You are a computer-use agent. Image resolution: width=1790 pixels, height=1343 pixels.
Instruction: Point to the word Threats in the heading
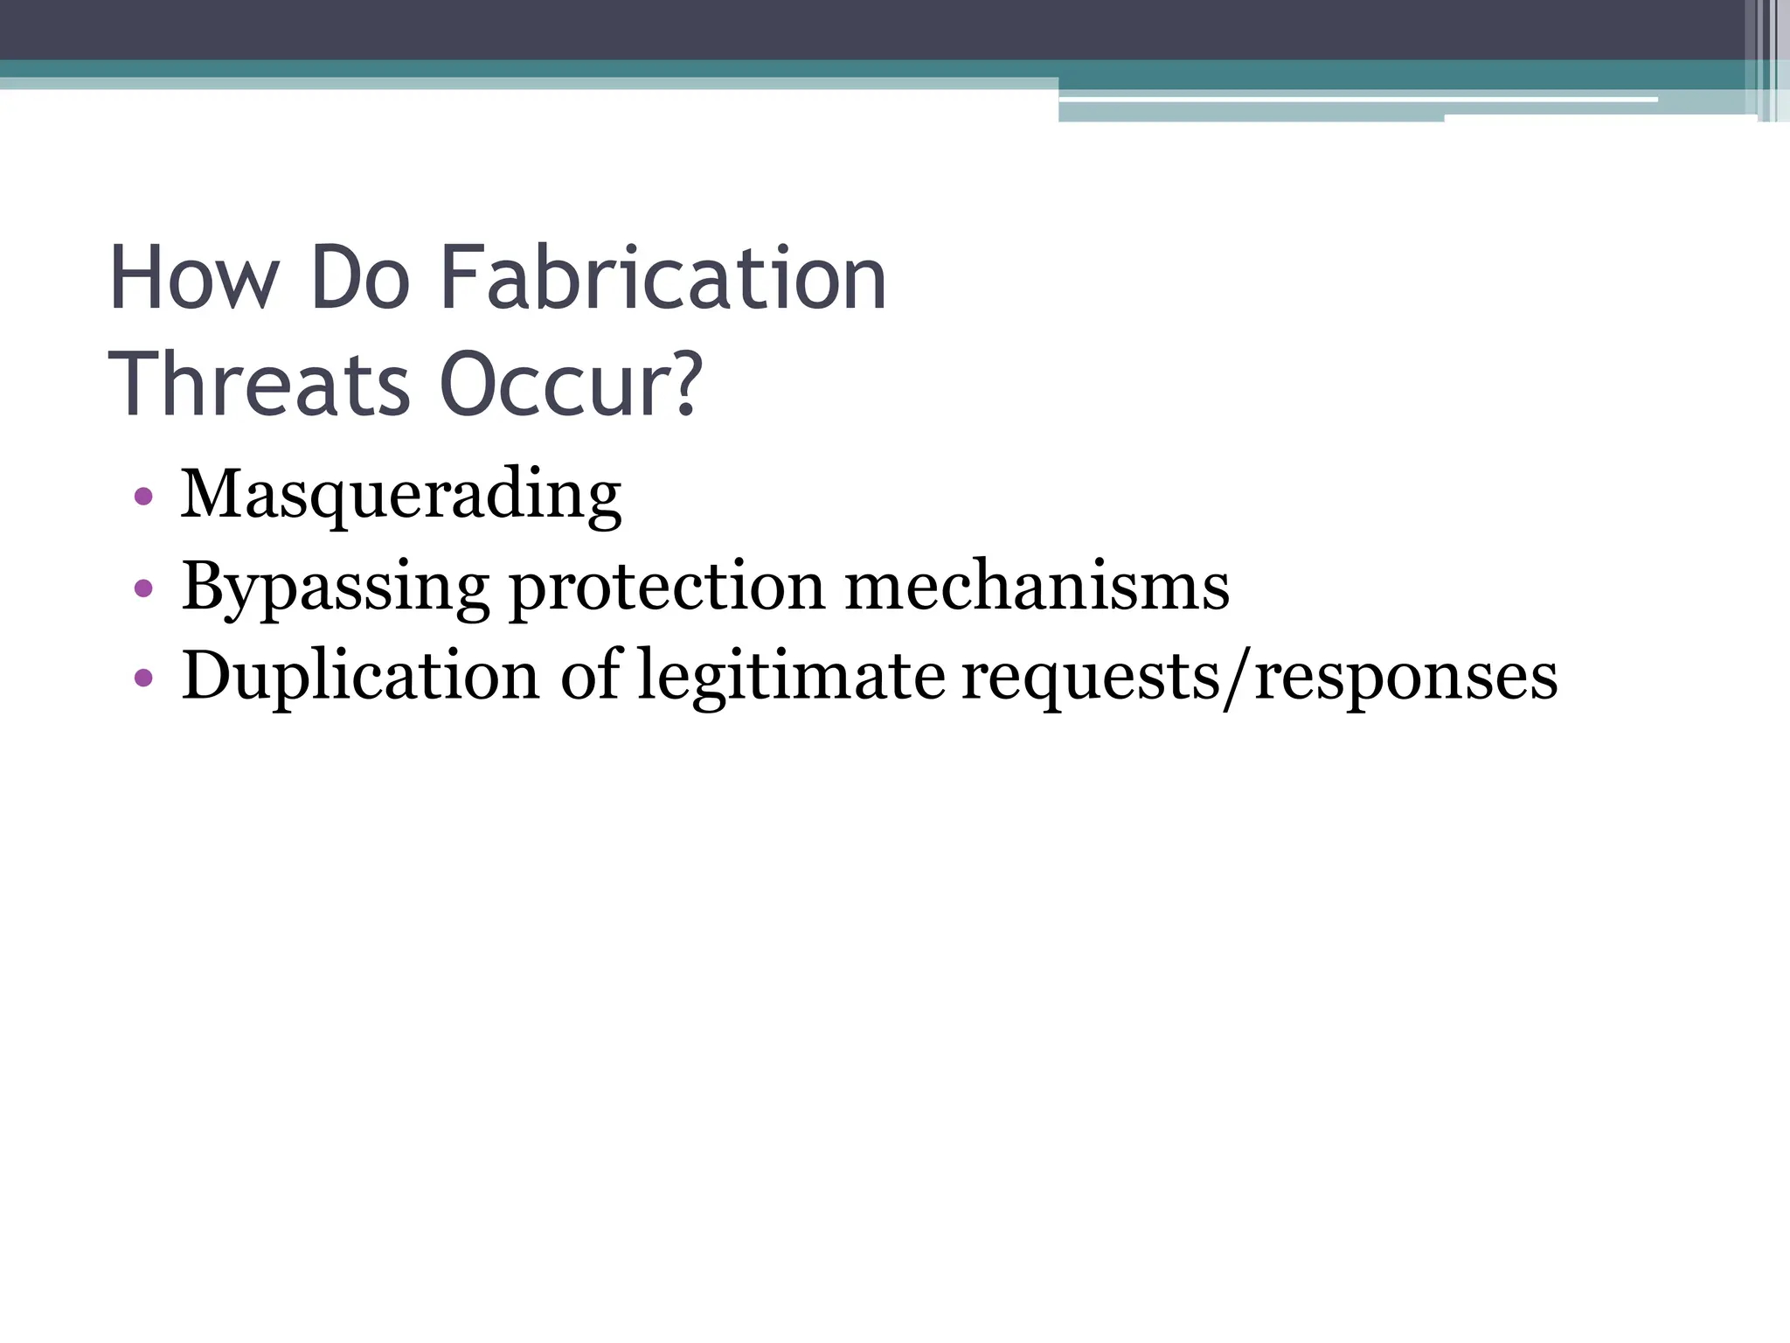pos(260,386)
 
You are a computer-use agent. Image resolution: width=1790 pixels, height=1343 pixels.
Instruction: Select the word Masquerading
pos(400,496)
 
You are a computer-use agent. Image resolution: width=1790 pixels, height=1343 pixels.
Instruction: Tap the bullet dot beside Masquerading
pos(144,498)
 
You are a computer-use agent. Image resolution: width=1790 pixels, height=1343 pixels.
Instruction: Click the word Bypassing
pos(335,587)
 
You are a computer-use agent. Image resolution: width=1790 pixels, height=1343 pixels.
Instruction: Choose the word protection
pos(667,587)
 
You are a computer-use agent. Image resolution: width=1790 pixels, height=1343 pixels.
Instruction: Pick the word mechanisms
pos(1037,587)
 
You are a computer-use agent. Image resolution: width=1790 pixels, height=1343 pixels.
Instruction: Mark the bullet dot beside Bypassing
pos(144,588)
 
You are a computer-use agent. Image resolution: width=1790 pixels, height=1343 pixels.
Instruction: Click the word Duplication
pos(360,676)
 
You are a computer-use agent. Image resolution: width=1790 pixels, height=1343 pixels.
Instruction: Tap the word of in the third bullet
pos(589,676)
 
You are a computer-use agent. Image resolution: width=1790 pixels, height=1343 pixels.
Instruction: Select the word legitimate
pos(791,676)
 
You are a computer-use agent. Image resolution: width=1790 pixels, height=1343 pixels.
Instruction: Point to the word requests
pos(1090,678)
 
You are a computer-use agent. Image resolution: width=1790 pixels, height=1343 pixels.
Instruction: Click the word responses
pos(1405,678)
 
